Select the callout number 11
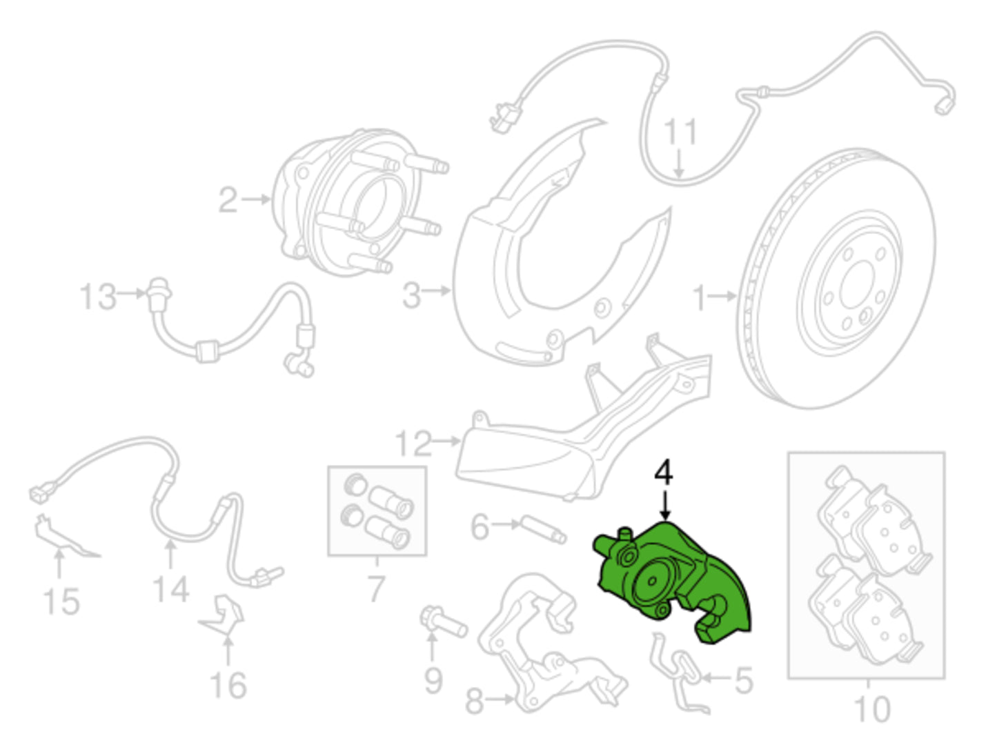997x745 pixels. click(x=680, y=132)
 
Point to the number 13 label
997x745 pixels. click(x=98, y=297)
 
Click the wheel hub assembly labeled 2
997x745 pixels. click(x=359, y=202)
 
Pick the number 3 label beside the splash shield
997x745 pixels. click(x=411, y=295)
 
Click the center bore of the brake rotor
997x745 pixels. click(x=857, y=291)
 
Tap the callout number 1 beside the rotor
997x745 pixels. click(x=700, y=298)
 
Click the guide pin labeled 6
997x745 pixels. click(x=542, y=530)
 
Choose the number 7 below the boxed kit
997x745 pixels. click(x=377, y=588)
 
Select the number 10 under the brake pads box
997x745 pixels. click(x=871, y=708)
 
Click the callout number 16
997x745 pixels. click(x=228, y=685)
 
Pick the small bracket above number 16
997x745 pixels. click(x=223, y=614)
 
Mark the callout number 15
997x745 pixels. click(x=61, y=602)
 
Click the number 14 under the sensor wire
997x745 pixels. click(x=171, y=589)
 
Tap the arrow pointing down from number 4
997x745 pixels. click(x=665, y=505)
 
